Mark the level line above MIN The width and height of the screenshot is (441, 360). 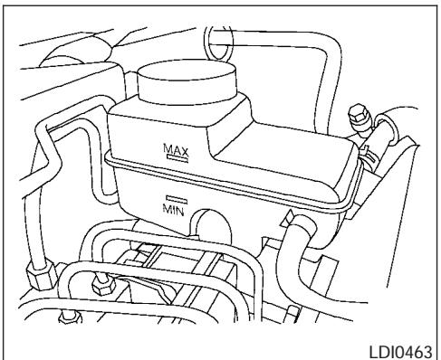pyautogui.click(x=175, y=198)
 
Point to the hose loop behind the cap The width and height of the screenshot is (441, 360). pyautogui.click(x=217, y=41)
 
